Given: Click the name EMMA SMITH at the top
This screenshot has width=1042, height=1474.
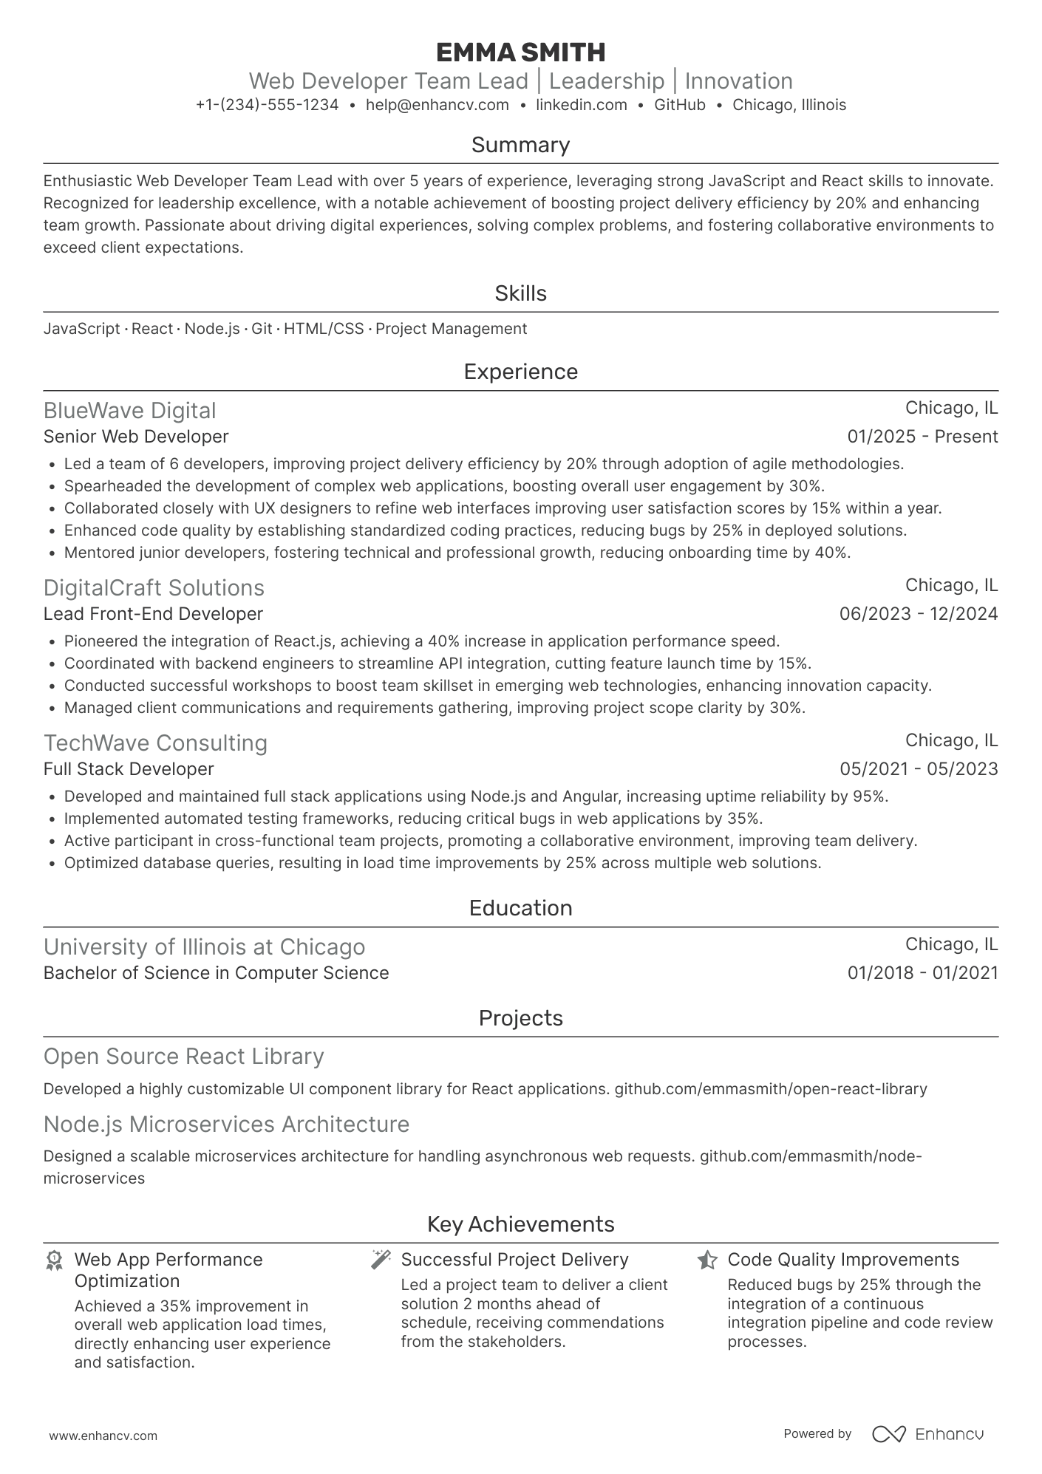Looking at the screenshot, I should (520, 52).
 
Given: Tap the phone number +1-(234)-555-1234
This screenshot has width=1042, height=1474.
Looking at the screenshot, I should (267, 105).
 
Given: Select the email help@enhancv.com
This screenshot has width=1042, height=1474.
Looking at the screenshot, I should (437, 105).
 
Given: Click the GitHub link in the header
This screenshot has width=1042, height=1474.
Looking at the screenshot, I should (679, 105).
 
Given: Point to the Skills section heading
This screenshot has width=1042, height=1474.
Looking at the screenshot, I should (520, 293).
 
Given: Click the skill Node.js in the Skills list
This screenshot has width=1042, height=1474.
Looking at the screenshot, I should (211, 329).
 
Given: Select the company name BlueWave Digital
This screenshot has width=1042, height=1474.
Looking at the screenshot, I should (129, 410).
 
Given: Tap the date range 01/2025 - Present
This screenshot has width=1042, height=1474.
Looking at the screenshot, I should (922, 437).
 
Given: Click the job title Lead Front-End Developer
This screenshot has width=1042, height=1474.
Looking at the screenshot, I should (153, 614).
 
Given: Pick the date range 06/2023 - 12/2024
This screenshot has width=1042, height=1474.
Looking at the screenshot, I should (918, 614).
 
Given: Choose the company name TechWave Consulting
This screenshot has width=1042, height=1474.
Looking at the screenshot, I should (155, 743).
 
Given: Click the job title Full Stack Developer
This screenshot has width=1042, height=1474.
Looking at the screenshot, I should (129, 769).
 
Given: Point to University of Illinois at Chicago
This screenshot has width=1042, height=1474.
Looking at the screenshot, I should (204, 946).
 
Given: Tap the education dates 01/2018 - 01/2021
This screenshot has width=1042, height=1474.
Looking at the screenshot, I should (922, 973).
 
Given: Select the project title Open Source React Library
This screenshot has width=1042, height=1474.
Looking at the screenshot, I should (183, 1056).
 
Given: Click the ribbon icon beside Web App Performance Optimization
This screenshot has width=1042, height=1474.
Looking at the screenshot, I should (54, 1260).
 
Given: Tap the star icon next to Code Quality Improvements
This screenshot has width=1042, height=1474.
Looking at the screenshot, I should (706, 1260).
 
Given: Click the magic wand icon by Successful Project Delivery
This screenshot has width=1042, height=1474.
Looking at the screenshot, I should (381, 1260).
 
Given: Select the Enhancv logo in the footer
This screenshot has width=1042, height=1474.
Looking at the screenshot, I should (927, 1434).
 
